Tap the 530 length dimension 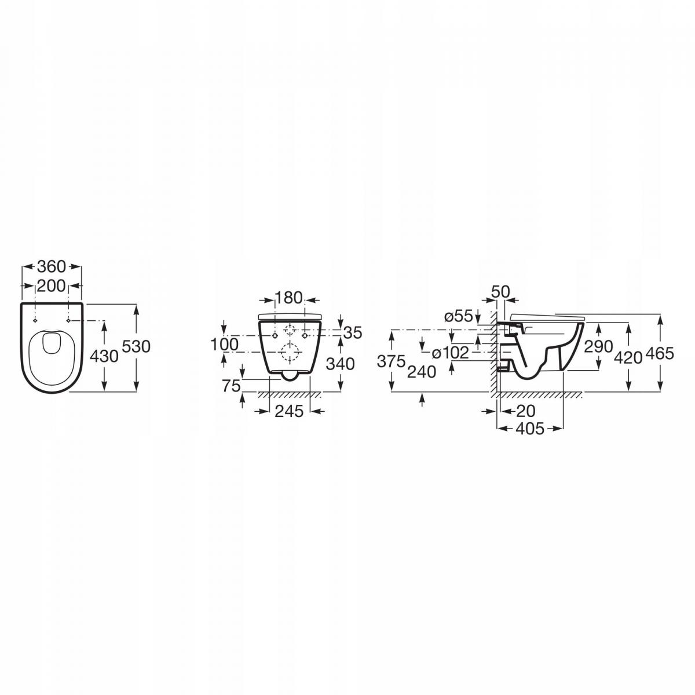[x=138, y=346]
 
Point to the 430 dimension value [x=105, y=356]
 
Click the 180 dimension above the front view [x=289, y=299]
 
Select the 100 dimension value [x=224, y=345]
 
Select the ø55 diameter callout [x=458, y=316]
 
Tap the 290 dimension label [x=599, y=347]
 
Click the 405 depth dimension [x=530, y=429]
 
